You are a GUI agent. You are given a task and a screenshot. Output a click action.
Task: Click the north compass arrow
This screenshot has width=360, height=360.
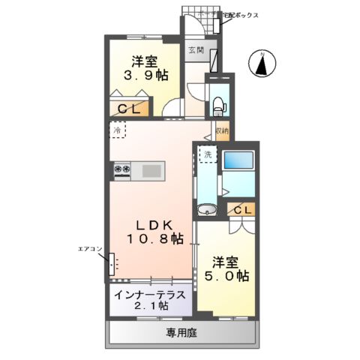click(263, 64)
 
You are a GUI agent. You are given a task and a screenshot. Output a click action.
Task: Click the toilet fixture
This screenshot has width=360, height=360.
click(219, 104)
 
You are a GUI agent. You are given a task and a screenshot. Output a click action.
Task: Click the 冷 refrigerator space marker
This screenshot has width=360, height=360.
click(118, 130)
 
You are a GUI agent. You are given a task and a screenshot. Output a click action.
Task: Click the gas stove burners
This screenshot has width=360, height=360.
click(122, 170)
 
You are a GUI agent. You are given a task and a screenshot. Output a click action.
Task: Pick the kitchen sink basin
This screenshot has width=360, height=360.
click(152, 171)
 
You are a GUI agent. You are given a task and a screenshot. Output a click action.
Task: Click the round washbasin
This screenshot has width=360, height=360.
click(206, 209)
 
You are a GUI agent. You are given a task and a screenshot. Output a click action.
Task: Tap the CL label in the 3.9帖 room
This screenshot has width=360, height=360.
click(135, 107)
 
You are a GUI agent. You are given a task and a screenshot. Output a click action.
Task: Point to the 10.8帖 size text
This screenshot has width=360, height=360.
click(156, 240)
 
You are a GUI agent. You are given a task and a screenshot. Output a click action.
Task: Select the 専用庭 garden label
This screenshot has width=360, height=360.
click(182, 331)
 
